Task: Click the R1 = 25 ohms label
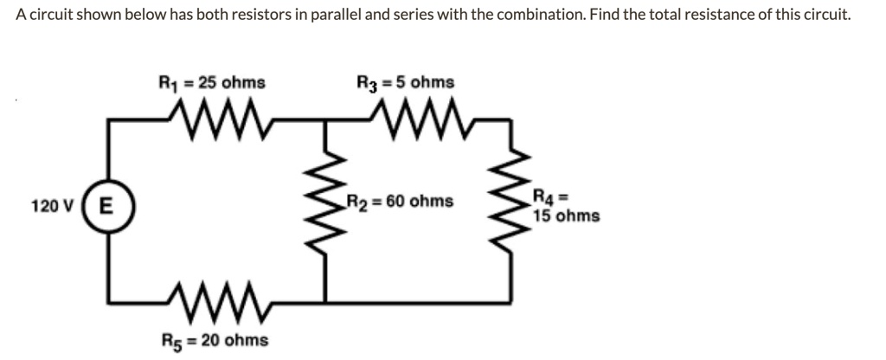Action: (211, 84)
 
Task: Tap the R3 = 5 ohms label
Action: (405, 84)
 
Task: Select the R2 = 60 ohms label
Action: (399, 202)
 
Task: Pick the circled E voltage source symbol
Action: (104, 206)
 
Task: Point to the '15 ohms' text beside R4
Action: (566, 215)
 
